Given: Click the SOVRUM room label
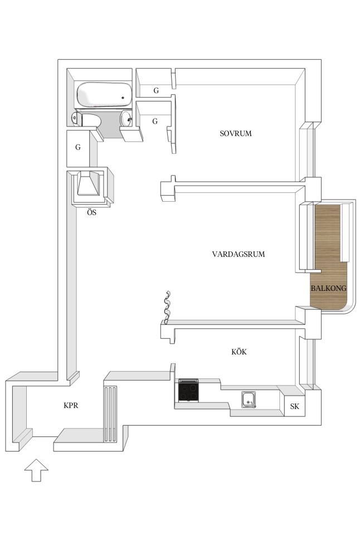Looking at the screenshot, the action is tap(236, 133).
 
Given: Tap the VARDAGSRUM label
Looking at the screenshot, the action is tap(239, 254).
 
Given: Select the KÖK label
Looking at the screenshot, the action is tap(239, 352).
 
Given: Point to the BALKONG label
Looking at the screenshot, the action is tap(328, 288).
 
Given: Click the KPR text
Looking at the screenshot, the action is tap(71, 405).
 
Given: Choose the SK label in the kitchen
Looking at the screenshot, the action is tap(295, 406).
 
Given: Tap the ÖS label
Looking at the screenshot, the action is tap(91, 212).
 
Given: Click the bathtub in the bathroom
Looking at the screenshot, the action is tap(104, 94).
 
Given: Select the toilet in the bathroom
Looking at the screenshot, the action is tap(86, 119).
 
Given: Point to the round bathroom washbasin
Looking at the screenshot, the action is tap(126, 119).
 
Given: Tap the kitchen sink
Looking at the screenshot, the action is tap(249, 400).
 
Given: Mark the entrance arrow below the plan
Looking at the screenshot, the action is tap(36, 470).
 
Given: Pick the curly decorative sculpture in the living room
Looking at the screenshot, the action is tap(167, 307).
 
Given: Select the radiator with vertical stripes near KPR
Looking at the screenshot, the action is tap(110, 413).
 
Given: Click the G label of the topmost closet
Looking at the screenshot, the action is tap(156, 91).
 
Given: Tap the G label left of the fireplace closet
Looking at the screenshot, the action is tap(78, 147).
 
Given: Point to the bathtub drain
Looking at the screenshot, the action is tap(123, 98).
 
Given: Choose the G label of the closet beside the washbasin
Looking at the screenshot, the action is tap(155, 121).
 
